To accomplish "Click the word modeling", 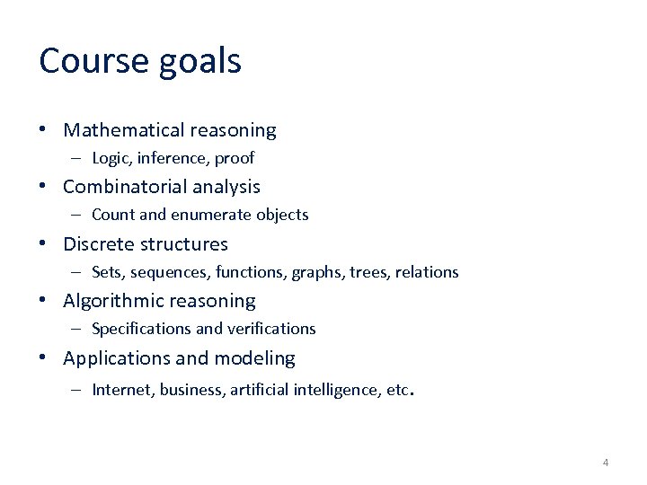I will click(x=254, y=358).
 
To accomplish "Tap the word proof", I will click(x=235, y=158).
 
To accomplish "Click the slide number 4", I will click(x=605, y=463).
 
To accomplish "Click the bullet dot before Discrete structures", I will click(x=44, y=243).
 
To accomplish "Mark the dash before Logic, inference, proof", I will click(x=77, y=158).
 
